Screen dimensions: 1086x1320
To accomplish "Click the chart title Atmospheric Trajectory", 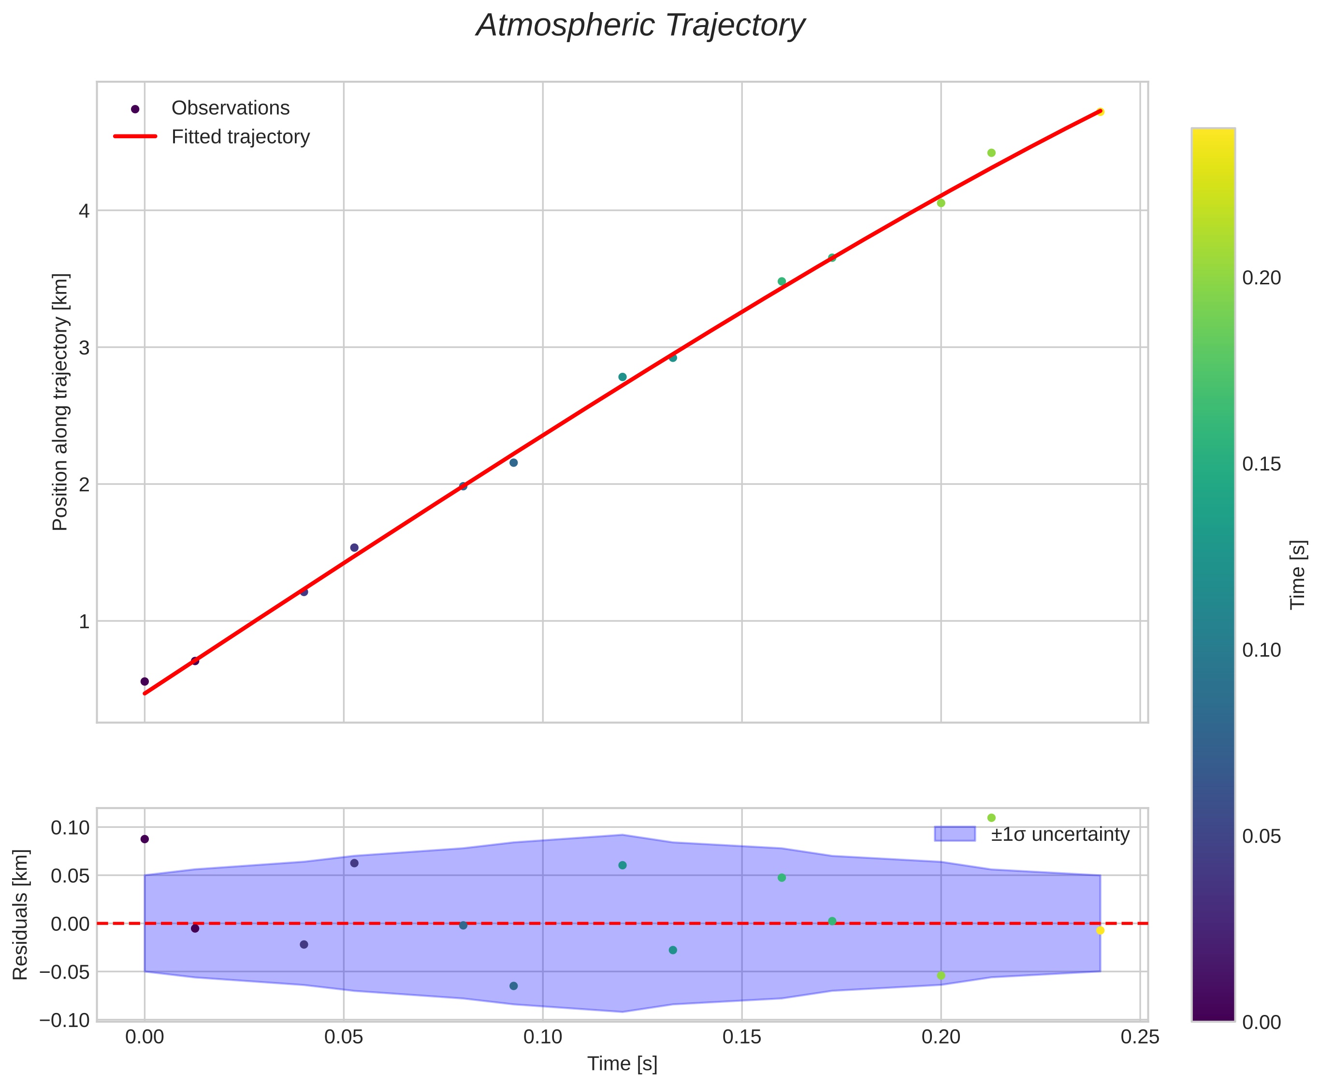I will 640,26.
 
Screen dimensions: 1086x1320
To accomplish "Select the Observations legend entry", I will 230,108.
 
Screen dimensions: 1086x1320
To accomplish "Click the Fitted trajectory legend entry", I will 240,137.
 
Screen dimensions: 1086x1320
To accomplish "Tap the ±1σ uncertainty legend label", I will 1060,835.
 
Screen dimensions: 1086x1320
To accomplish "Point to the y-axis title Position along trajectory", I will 60,402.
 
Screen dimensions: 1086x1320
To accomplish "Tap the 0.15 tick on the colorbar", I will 1261,464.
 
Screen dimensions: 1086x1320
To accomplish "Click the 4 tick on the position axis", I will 83,211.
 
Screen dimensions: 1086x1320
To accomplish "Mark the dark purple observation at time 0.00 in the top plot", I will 145,681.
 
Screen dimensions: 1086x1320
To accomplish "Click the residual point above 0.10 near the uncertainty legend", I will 991,818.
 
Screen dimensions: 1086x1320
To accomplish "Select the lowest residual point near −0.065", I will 513,986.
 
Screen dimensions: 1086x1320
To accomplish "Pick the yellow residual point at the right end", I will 1101,930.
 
